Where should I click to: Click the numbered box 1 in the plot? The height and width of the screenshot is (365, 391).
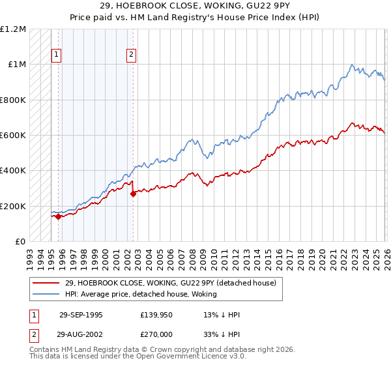[57, 55]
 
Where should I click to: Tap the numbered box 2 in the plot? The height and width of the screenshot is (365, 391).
[132, 55]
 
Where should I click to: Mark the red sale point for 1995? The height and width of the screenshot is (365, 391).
[59, 217]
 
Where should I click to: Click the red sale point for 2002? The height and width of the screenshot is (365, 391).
[133, 194]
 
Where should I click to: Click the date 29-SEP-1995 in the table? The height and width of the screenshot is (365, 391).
[81, 315]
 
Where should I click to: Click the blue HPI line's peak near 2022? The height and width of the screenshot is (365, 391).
[352, 65]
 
